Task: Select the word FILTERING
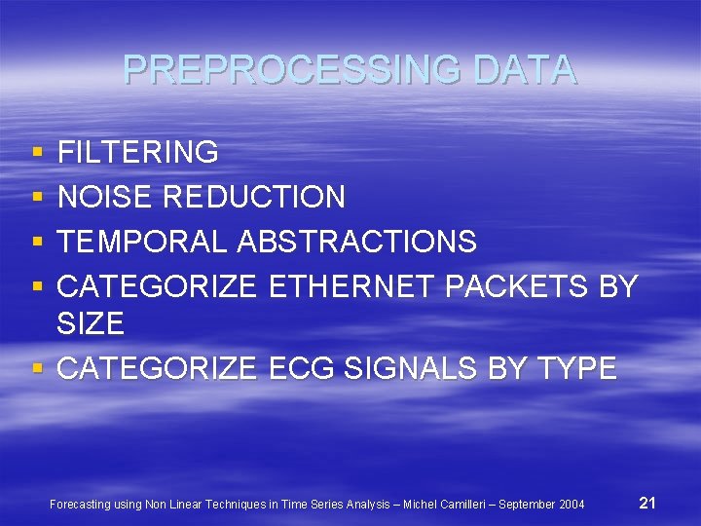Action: [x=138, y=152]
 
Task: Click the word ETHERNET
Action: [x=351, y=286]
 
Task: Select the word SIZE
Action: [x=91, y=323]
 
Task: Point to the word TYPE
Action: [x=574, y=368]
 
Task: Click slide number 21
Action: [x=647, y=503]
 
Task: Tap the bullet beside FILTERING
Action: [x=37, y=153]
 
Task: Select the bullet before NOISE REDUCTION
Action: [x=37, y=198]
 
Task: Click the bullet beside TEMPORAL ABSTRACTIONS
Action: [x=37, y=242]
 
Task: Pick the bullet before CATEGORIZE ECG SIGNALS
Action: [x=37, y=369]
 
